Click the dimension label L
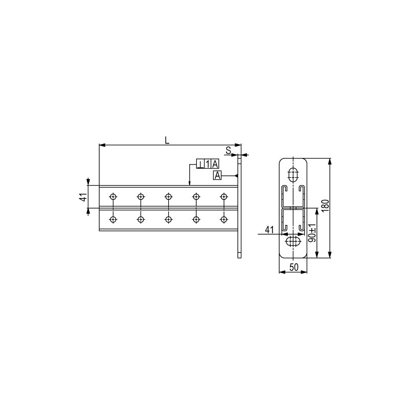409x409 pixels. click(x=167, y=140)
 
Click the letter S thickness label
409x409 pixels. click(x=229, y=150)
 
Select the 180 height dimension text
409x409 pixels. click(x=325, y=206)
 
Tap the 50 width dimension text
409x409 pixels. click(x=293, y=267)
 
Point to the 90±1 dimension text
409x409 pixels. click(x=312, y=232)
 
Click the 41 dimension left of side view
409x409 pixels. click(x=83, y=197)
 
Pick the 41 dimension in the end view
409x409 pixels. click(x=269, y=230)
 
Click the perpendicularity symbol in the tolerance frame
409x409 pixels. click(x=200, y=164)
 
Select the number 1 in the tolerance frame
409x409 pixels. click(x=208, y=164)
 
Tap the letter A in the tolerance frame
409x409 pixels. click(x=215, y=164)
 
